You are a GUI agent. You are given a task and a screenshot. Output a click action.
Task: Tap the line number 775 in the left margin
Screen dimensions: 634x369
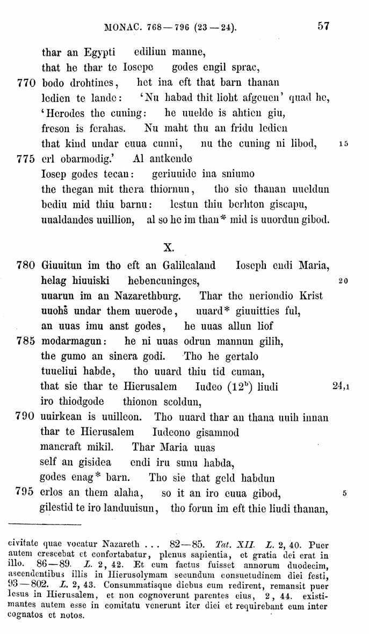23,159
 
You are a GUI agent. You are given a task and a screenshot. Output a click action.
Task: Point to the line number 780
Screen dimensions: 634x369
23,265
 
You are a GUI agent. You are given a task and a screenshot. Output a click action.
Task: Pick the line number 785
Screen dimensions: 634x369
23,340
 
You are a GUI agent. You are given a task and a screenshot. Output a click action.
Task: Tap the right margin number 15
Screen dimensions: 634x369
344,144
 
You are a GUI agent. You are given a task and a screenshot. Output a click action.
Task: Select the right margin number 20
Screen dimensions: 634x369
344,280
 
